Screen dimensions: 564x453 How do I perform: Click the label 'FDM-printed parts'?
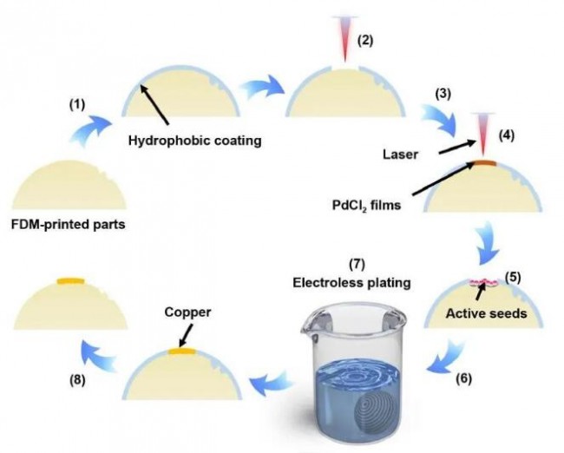click(69, 225)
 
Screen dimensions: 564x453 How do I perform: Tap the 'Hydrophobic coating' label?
click(195, 141)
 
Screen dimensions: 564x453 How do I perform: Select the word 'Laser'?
click(400, 154)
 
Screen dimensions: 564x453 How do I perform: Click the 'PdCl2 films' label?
click(366, 206)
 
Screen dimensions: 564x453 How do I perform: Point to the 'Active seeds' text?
click(486, 313)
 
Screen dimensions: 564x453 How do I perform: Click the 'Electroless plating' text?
click(351, 282)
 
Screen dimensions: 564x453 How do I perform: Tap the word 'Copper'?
click(187, 312)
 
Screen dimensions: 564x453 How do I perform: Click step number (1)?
click(77, 105)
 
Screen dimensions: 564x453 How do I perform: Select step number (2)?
click(365, 40)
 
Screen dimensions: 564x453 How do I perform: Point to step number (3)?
click(443, 94)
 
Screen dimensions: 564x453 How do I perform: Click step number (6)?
click(463, 378)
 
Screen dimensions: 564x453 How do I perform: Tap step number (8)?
click(77, 380)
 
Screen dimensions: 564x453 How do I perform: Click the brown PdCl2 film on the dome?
click(485, 163)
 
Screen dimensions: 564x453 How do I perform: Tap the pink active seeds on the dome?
click(483, 282)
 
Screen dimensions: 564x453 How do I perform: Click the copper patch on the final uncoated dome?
click(71, 281)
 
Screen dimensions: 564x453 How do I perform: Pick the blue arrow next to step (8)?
click(99, 356)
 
